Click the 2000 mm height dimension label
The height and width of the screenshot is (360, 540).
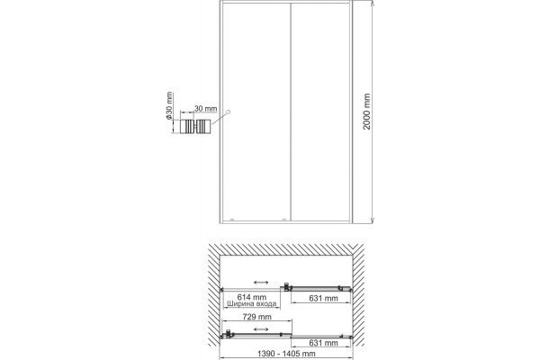(367, 112)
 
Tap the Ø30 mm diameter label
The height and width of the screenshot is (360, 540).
(169, 105)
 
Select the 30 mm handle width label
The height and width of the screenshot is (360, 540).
(206, 109)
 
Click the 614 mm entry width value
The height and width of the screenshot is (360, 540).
(252, 297)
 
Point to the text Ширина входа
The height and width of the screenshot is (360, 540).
(252, 304)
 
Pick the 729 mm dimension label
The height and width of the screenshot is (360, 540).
(256, 317)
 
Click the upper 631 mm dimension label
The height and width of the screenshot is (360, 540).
(323, 298)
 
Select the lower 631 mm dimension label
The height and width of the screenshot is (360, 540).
(323, 343)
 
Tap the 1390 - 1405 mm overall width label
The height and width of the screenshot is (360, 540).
(286, 354)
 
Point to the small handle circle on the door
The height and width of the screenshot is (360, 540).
(228, 112)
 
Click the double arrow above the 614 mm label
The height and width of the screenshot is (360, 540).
(261, 283)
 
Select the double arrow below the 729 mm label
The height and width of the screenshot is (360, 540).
(261, 329)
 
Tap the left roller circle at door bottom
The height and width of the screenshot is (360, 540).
(232, 220)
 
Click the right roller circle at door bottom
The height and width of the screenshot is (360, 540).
(284, 220)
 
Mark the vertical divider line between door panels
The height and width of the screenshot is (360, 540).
(291, 112)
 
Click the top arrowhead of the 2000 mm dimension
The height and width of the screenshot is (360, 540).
(373, 3)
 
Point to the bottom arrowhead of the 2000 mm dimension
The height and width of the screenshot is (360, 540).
(373, 220)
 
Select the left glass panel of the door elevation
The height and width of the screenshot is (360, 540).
(256, 112)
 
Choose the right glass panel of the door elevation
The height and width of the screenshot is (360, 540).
(320, 112)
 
